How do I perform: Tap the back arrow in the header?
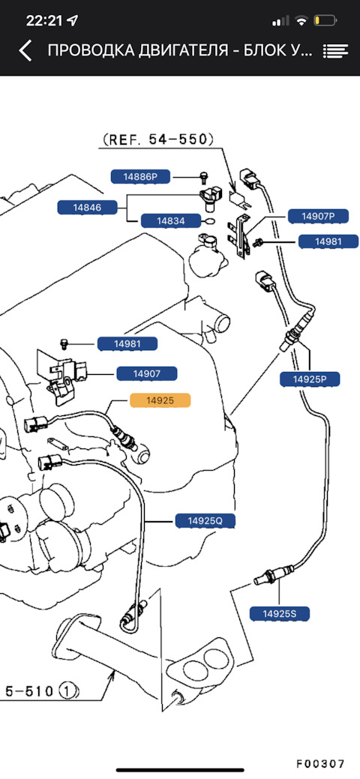point(25,51)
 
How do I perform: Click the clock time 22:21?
point(45,20)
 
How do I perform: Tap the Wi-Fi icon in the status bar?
point(301,21)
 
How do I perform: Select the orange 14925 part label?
point(160,400)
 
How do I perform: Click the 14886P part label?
point(140,176)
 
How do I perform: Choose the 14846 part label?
point(88,207)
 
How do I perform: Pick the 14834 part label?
point(171,221)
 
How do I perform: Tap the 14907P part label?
point(318,216)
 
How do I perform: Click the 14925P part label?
point(309,379)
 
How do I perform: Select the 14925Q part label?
point(204,520)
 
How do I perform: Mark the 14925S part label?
point(280,613)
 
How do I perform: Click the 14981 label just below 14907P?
point(328,242)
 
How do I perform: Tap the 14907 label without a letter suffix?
point(147,373)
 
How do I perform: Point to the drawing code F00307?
point(320,750)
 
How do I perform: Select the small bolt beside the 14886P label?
point(202,177)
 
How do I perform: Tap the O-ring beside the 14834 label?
point(210,221)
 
